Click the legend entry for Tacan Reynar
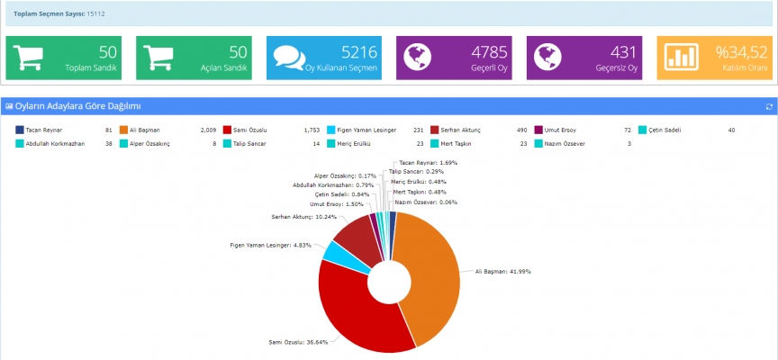click(42, 130)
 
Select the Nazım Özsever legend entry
click(566, 143)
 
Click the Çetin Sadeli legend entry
click(665, 130)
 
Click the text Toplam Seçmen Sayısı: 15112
click(59, 13)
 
